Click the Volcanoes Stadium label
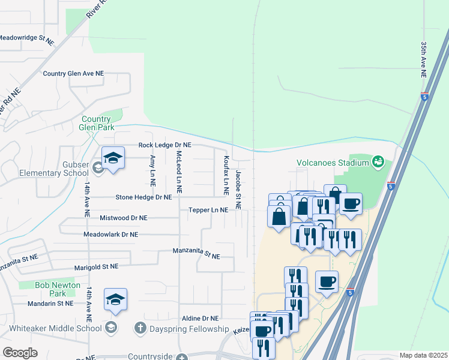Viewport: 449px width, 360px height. tap(332, 162)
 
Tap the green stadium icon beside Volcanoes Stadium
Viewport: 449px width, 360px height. tap(378, 161)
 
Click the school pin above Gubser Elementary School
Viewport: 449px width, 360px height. tap(112, 158)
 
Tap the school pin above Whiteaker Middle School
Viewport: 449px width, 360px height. tap(115, 300)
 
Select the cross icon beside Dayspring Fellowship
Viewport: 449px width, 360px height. tap(140, 328)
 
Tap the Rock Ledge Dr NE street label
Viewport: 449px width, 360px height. tap(164, 145)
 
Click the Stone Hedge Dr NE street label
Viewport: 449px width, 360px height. tap(143, 197)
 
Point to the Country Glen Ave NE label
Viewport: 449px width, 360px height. tap(73, 73)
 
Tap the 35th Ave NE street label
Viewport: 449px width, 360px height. tap(424, 60)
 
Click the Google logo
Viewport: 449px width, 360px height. tap(20, 352)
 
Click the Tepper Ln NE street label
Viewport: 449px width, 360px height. tap(208, 210)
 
